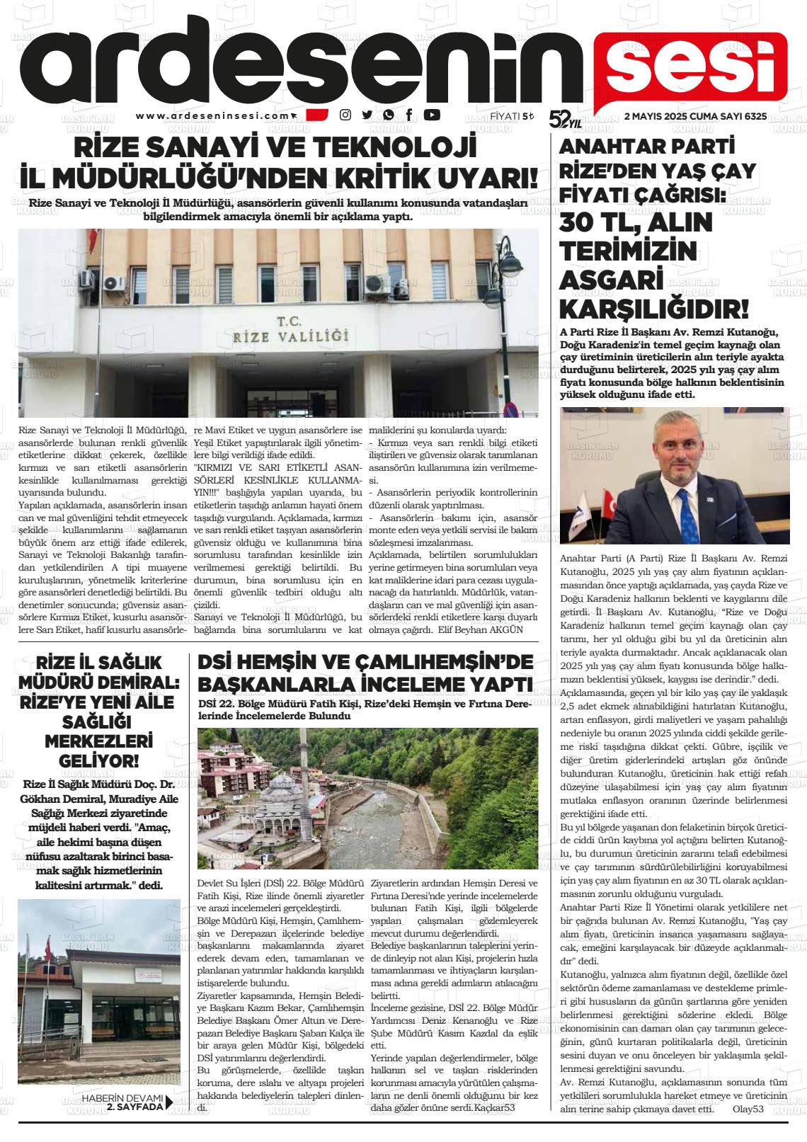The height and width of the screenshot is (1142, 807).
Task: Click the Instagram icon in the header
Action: (345, 115)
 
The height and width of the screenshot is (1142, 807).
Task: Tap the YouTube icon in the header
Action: (431, 115)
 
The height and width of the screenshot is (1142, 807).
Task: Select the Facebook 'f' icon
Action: (409, 115)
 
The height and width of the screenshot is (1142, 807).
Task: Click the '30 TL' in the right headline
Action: (600, 224)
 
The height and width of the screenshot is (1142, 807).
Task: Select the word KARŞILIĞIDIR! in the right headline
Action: (653, 309)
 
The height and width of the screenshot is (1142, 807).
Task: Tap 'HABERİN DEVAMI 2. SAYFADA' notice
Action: (125, 1102)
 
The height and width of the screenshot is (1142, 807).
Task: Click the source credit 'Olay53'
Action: (748, 1109)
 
